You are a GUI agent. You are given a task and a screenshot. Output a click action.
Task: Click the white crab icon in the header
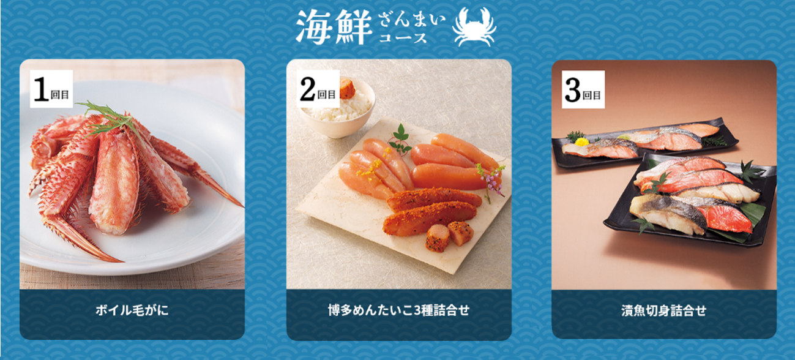click(x=474, y=27)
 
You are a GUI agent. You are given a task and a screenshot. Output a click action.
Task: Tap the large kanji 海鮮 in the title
click(x=334, y=27)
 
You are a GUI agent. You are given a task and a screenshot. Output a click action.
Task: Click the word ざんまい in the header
click(x=412, y=20)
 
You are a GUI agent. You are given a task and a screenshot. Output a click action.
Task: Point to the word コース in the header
click(x=403, y=37)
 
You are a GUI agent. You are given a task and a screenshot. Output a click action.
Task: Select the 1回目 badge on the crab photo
click(x=51, y=89)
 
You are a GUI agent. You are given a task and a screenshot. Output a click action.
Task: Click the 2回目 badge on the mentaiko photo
click(x=318, y=89)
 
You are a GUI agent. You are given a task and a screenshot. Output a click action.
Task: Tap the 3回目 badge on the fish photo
click(x=583, y=89)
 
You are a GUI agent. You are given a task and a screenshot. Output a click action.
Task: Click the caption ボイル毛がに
click(x=132, y=310)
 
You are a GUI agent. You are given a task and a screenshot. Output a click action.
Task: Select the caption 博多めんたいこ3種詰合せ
click(x=398, y=310)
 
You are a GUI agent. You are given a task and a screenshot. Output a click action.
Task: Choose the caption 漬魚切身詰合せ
click(x=663, y=310)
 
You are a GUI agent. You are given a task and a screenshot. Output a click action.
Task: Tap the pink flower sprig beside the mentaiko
click(x=491, y=181)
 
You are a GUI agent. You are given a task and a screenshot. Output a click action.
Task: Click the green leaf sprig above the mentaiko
click(x=400, y=138)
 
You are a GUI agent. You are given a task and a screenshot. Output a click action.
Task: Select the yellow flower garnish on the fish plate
click(x=581, y=142)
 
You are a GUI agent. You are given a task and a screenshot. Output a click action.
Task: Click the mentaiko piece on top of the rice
click(x=348, y=89)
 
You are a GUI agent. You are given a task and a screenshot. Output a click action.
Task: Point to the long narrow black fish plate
click(x=644, y=143)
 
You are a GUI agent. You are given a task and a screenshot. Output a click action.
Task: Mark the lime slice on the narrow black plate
click(x=623, y=137)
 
